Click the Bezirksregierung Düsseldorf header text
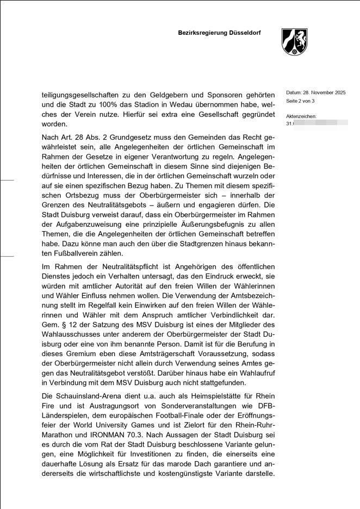[x=219, y=33]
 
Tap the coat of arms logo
[x=294, y=42]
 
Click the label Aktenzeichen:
[x=301, y=116]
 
